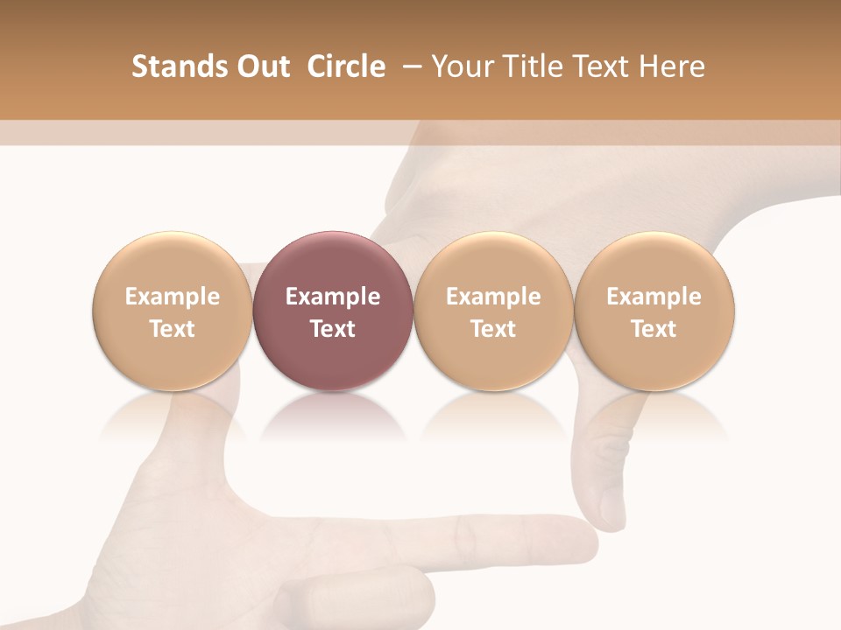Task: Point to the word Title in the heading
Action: tap(530, 66)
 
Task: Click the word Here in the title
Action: tap(672, 66)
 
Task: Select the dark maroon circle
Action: tap(333, 311)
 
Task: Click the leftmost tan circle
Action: tap(172, 311)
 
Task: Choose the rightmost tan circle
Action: tap(654, 311)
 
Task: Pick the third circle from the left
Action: tap(493, 311)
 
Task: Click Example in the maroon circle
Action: tap(333, 297)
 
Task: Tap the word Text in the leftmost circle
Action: tap(172, 329)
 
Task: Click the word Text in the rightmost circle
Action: tap(654, 329)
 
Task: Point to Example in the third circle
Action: tap(493, 297)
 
